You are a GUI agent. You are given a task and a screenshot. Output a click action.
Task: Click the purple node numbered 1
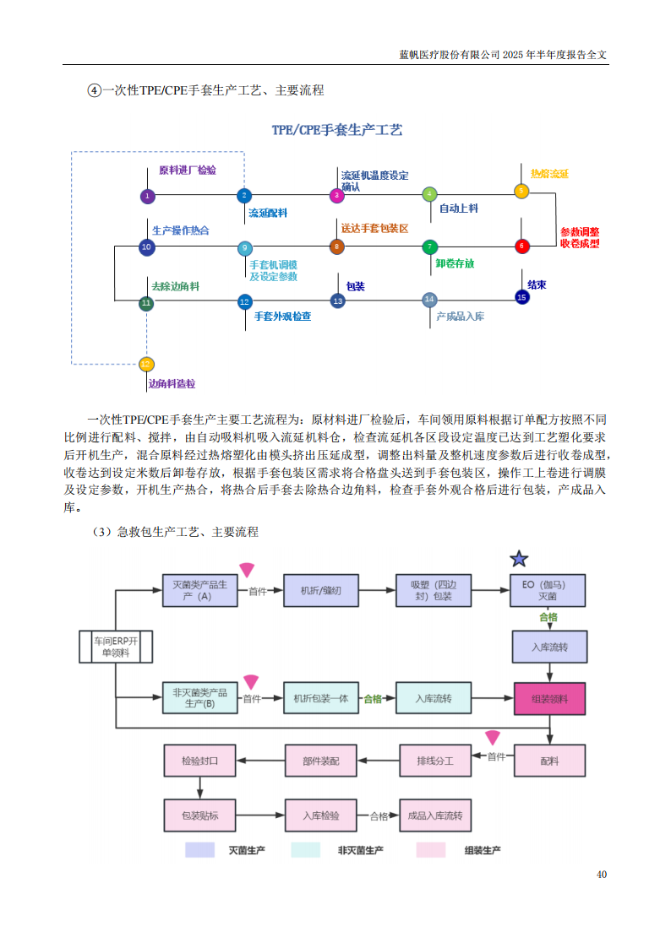(147, 196)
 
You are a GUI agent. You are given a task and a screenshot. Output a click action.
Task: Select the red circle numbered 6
(521, 246)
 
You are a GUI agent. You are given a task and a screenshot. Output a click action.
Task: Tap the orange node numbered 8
(336, 247)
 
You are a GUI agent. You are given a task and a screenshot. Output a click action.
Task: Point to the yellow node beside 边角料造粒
(146, 365)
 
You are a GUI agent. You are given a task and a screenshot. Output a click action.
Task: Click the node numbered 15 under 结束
(521, 297)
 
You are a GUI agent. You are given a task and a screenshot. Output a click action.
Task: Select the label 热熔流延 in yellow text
(549, 173)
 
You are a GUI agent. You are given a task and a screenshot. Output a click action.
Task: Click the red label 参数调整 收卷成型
(580, 237)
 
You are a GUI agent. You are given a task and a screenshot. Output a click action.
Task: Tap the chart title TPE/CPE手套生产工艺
(336, 130)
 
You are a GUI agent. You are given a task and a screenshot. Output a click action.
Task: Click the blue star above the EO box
(519, 559)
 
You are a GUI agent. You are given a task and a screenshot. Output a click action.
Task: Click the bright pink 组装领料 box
(549, 699)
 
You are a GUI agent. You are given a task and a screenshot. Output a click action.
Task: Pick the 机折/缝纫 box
(321, 590)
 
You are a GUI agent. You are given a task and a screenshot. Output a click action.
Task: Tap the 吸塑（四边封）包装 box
(431, 590)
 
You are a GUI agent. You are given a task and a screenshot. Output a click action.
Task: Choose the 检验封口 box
(199, 761)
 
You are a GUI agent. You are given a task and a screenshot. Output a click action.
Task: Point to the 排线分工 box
(434, 761)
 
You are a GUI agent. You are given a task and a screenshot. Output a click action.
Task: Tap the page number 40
(601, 874)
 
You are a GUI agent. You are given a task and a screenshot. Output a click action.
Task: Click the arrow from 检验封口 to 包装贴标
(199, 787)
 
